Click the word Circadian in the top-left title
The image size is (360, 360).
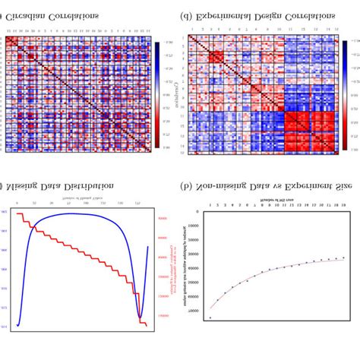point(33,14)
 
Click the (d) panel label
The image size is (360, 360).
point(185,14)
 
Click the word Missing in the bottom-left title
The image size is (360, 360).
point(29,185)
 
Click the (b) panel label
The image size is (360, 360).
point(185,185)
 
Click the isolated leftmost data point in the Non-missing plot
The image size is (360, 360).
point(210,317)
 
